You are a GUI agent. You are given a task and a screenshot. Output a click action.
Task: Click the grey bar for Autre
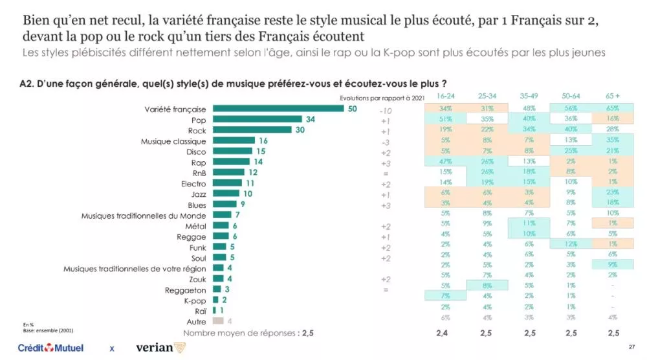pos(218,322)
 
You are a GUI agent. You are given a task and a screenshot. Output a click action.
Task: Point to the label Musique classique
pos(173,141)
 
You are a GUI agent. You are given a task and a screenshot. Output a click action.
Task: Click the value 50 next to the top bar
pos(353,109)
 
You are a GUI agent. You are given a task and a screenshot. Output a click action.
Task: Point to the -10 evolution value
pos(385,111)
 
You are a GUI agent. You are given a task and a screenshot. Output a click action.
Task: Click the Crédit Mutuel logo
pos(50,348)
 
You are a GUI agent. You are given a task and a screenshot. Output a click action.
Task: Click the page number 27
pos(631,348)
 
